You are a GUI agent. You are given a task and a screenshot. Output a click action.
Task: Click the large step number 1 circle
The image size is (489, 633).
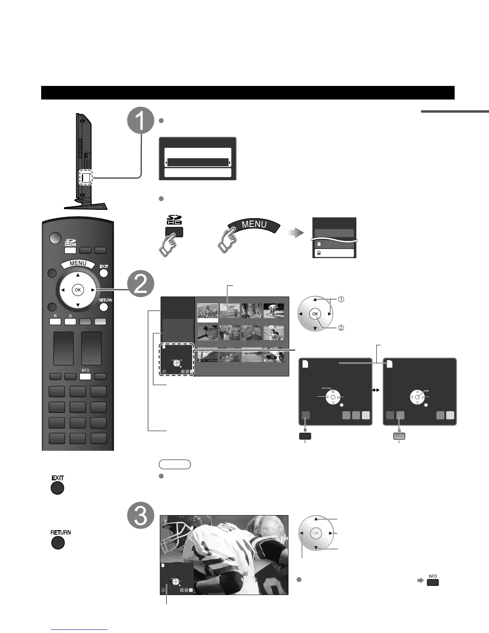coord(141,120)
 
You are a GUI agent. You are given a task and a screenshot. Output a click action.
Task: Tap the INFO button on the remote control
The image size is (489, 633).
coord(85,376)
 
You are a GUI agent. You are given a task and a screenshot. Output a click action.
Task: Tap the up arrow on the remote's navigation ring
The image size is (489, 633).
coord(78,275)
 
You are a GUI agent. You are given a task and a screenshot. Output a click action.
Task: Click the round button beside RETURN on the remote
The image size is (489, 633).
coord(103,307)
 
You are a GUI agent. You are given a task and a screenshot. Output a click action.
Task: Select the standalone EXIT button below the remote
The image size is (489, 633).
coord(58,488)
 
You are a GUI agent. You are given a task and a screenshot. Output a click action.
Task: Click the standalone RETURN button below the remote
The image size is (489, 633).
coord(58,543)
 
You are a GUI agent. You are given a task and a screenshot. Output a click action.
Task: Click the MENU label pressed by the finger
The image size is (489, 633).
coord(254,225)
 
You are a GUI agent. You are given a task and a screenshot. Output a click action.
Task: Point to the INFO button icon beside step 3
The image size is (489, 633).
coord(433,582)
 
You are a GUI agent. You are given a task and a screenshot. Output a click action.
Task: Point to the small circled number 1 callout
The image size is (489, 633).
coord(341,299)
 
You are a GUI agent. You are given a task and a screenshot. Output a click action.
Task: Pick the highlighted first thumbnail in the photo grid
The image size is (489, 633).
coord(208,312)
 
